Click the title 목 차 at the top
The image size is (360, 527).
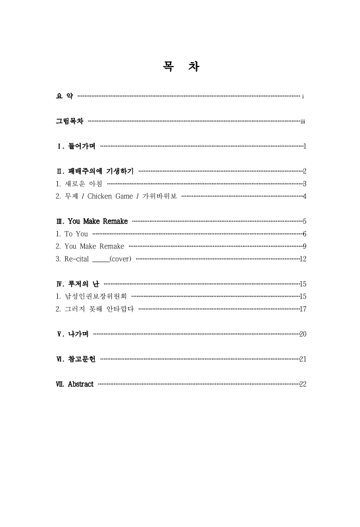180,67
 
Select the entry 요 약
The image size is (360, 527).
64,97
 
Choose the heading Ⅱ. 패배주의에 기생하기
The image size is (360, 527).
95,171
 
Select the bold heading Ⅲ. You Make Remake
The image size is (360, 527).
92,221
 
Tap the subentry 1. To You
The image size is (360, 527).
72,233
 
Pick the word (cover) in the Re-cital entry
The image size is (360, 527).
120,258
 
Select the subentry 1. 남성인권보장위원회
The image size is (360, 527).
91,296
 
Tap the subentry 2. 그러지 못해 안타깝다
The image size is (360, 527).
95,309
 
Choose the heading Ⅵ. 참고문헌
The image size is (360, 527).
76,359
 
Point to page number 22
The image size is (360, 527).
303,384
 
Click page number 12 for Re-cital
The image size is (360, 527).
303,259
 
